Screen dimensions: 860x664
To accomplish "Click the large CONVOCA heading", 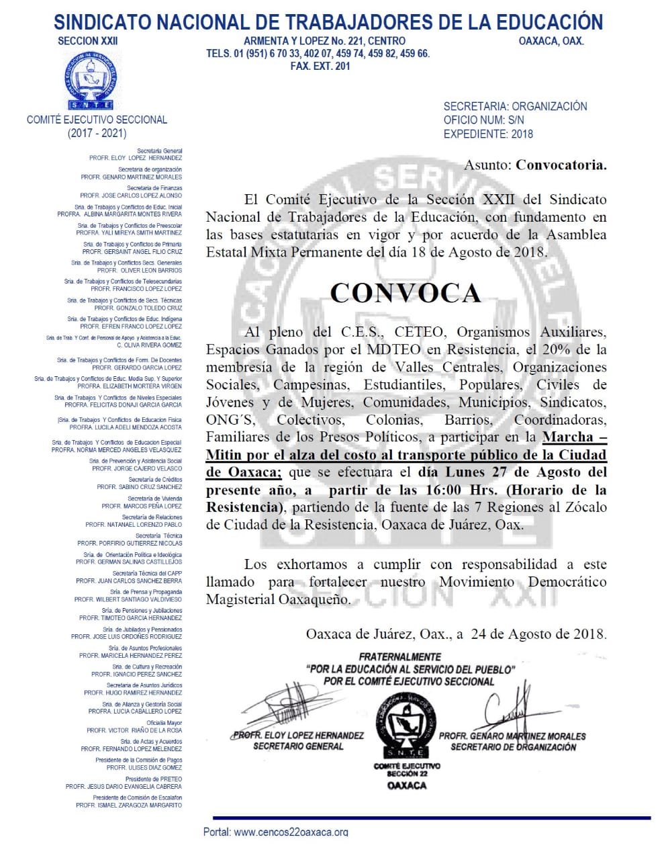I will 406,293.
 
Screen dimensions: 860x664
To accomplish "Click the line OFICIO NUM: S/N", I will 483,120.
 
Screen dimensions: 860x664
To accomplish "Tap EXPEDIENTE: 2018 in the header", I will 488,134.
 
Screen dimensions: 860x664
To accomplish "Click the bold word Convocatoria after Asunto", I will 561,165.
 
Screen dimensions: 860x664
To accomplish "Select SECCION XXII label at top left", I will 87,41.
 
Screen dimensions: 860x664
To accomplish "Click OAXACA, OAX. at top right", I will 551,41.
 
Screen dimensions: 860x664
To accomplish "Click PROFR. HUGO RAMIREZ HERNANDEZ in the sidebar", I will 133,693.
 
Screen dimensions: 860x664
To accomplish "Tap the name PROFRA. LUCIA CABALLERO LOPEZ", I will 135,711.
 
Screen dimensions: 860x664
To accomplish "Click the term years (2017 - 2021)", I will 97,133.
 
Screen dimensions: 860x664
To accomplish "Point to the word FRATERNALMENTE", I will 399,657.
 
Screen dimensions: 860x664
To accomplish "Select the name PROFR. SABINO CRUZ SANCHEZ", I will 139,487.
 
